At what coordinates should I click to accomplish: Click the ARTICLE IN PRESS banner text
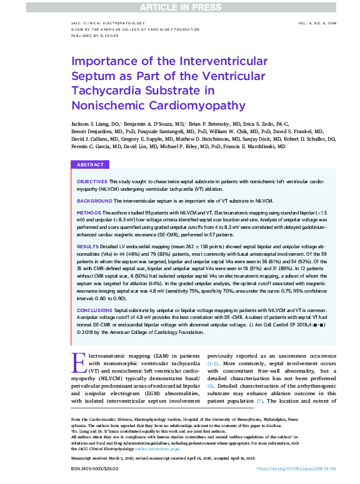pos(179,6)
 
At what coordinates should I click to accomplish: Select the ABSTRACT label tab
pos(90,164)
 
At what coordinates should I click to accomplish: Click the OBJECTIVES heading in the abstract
pos(92,180)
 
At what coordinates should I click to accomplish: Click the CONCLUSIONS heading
pos(94,310)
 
